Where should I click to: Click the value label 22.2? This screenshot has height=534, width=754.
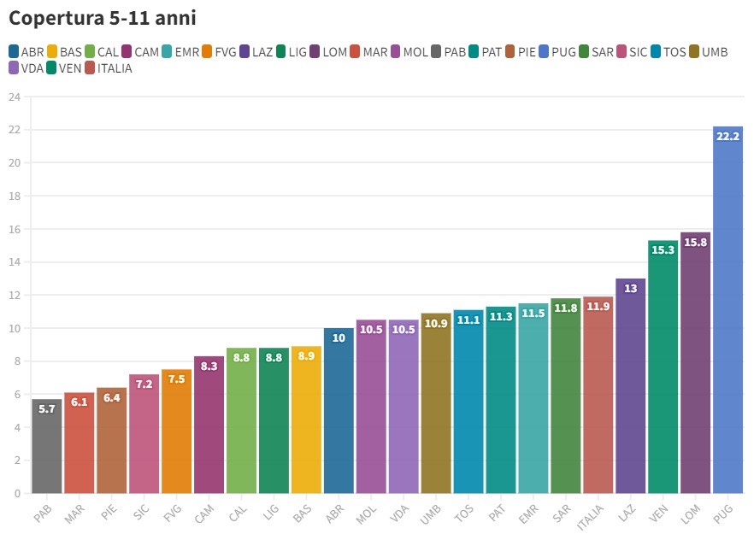point(727,136)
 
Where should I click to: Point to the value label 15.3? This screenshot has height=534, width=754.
point(663,250)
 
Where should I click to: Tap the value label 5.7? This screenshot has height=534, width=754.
point(47,409)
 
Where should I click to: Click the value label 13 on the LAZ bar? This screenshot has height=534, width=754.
point(631,289)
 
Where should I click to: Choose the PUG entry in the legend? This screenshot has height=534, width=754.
point(559,52)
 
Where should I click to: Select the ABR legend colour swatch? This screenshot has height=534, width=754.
point(15,52)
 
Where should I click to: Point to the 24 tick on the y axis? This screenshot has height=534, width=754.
point(14,97)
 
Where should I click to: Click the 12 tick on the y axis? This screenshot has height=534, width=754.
point(14,295)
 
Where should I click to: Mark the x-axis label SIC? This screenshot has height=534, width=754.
point(142,511)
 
